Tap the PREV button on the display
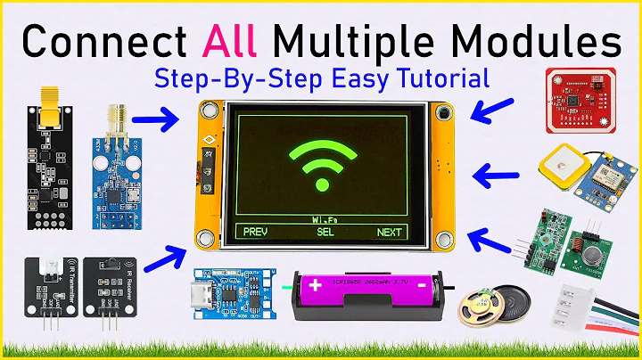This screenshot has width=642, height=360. pyautogui.click(x=255, y=233)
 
